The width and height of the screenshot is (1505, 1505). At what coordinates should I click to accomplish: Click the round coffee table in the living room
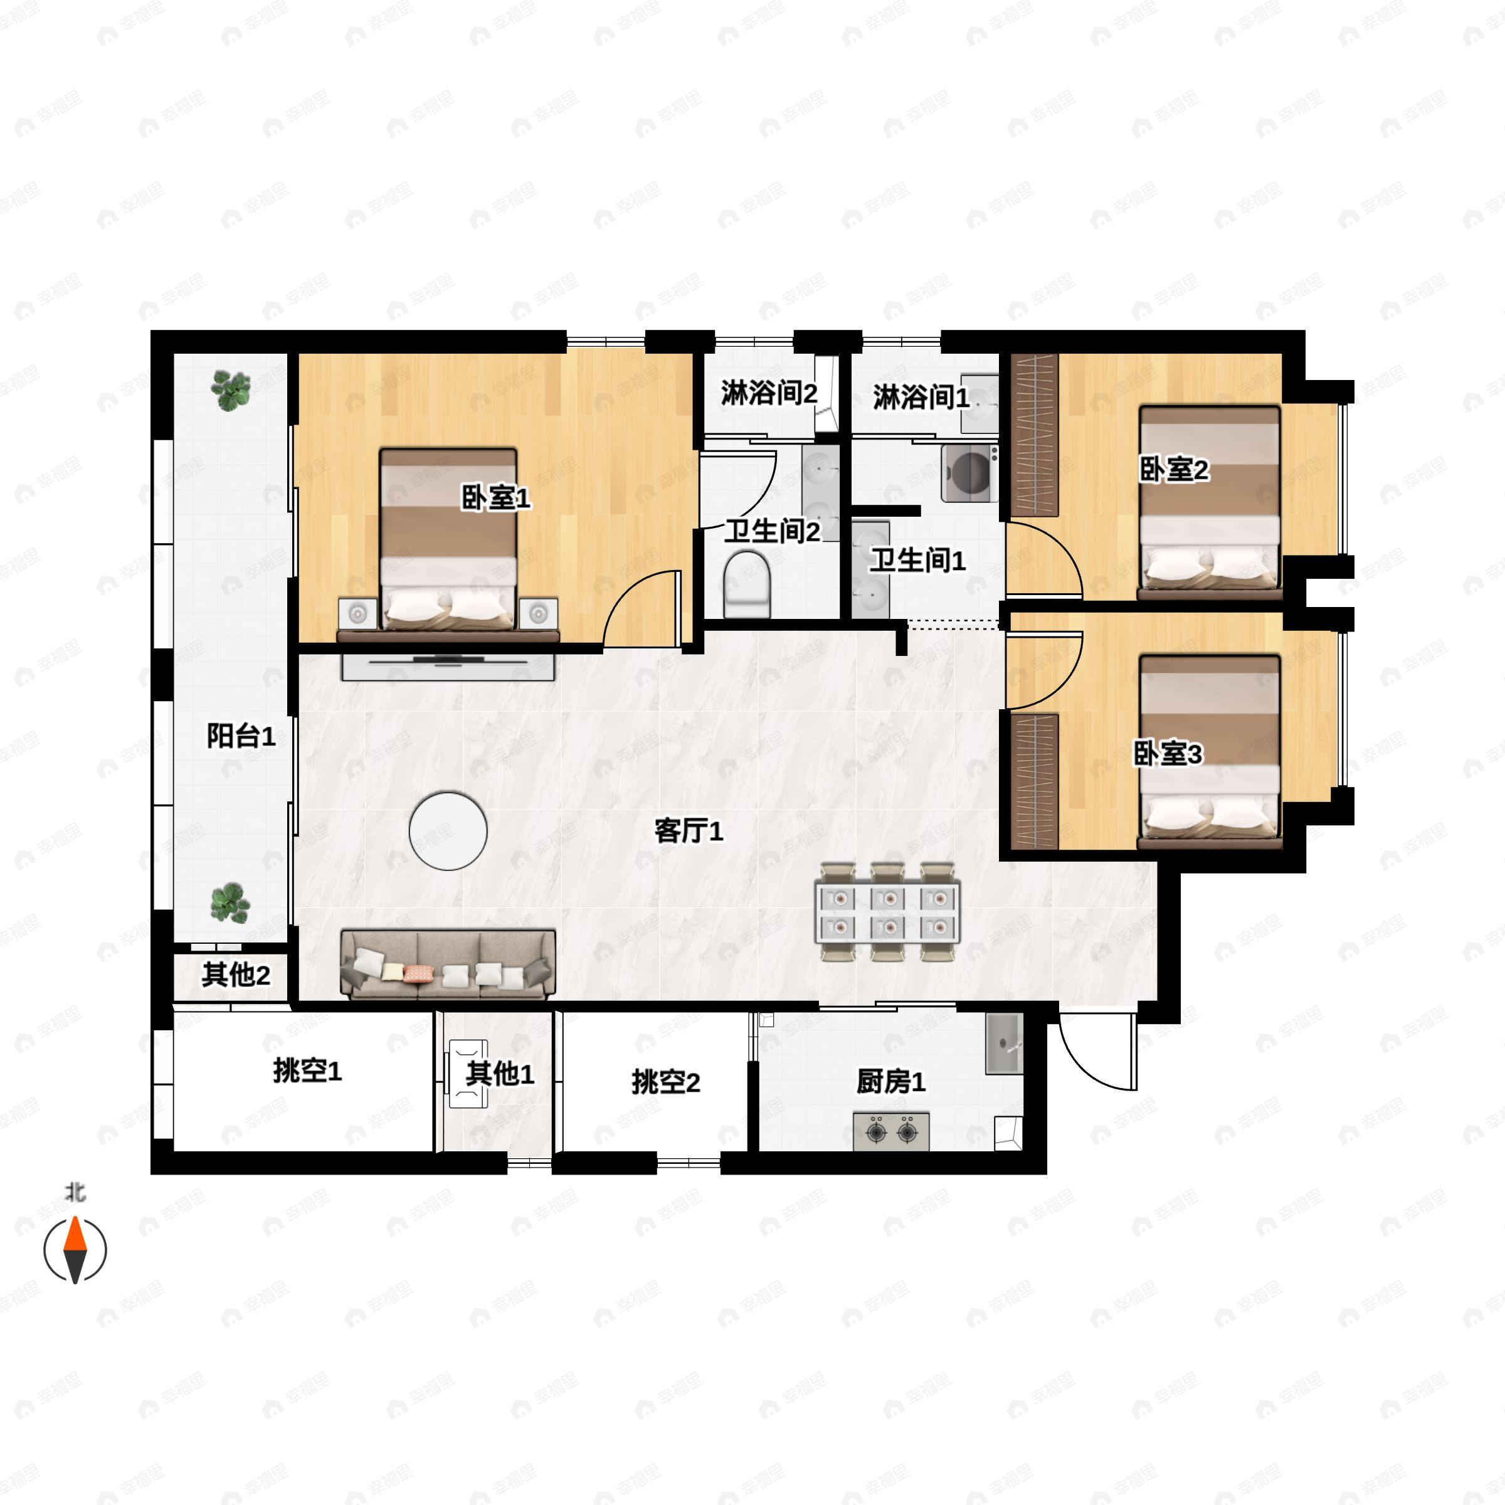coord(448,831)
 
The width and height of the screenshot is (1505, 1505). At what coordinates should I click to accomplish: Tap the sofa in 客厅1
coord(448,964)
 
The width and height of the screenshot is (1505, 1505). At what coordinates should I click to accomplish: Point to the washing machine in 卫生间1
coord(969,473)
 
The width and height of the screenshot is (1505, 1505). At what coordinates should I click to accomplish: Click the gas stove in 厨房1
coord(891,1131)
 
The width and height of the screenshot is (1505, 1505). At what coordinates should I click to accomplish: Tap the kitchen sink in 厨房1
coord(1004,1043)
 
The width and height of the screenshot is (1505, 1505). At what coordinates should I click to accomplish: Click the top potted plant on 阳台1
coord(231,389)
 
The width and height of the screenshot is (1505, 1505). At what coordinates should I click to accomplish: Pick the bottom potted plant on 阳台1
coord(230,903)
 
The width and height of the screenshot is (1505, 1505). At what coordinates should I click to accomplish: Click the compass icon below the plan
coord(75,1250)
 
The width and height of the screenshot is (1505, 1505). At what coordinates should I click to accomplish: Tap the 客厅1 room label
coord(689,831)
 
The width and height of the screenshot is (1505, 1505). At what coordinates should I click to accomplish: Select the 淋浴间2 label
coord(769,393)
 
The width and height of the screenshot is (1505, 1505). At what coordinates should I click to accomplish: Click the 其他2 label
coord(236,974)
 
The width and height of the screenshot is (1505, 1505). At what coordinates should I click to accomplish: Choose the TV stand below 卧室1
coord(448,666)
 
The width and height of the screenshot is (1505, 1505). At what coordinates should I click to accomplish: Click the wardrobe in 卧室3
coord(1035,781)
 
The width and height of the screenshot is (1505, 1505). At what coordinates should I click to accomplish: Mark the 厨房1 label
coord(890,1081)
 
